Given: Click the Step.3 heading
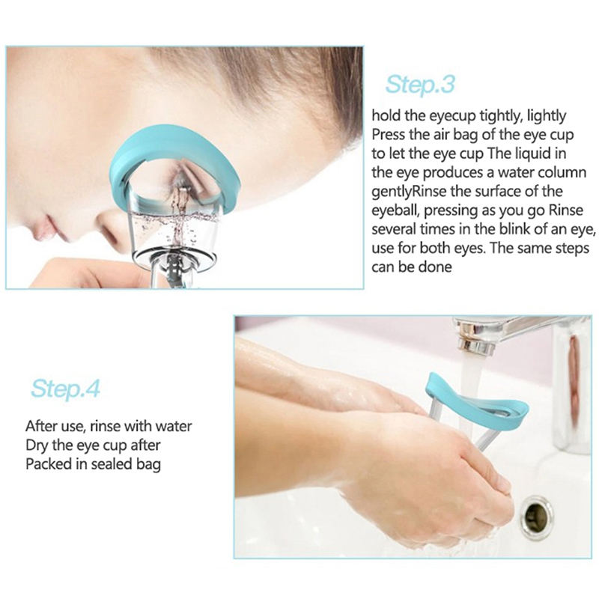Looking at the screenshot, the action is (x=420, y=85).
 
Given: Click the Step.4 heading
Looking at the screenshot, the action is (x=65, y=389).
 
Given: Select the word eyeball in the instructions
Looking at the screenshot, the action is (x=396, y=211).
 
